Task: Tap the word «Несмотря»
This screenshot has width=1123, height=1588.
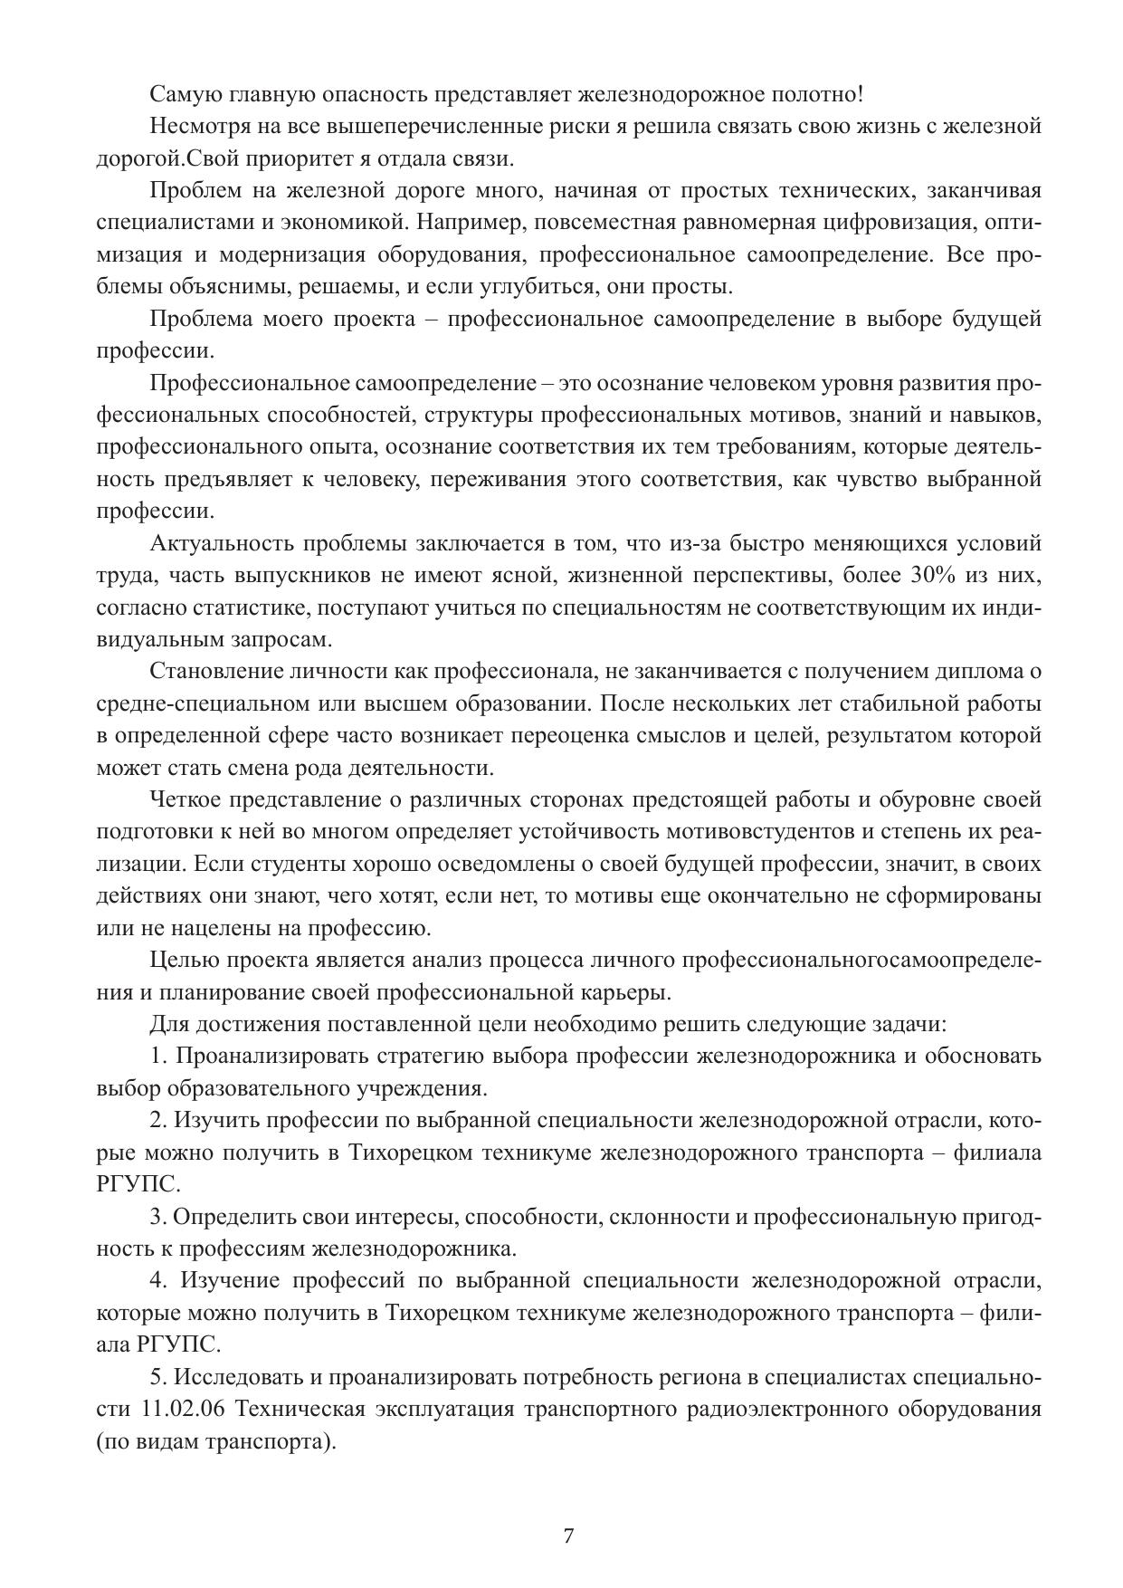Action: [196, 126]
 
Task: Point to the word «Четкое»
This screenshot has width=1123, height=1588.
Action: [185, 799]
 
